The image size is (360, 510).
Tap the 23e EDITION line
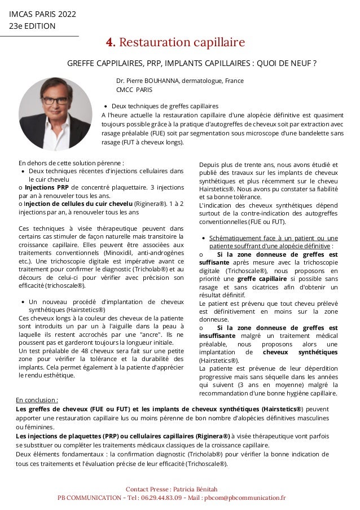point(32,26)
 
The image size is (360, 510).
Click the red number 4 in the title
point(111,43)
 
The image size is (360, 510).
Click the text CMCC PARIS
point(134,90)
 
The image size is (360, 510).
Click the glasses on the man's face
point(55,101)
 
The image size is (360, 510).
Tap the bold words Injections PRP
point(47,188)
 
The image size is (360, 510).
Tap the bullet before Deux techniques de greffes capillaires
point(106,106)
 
